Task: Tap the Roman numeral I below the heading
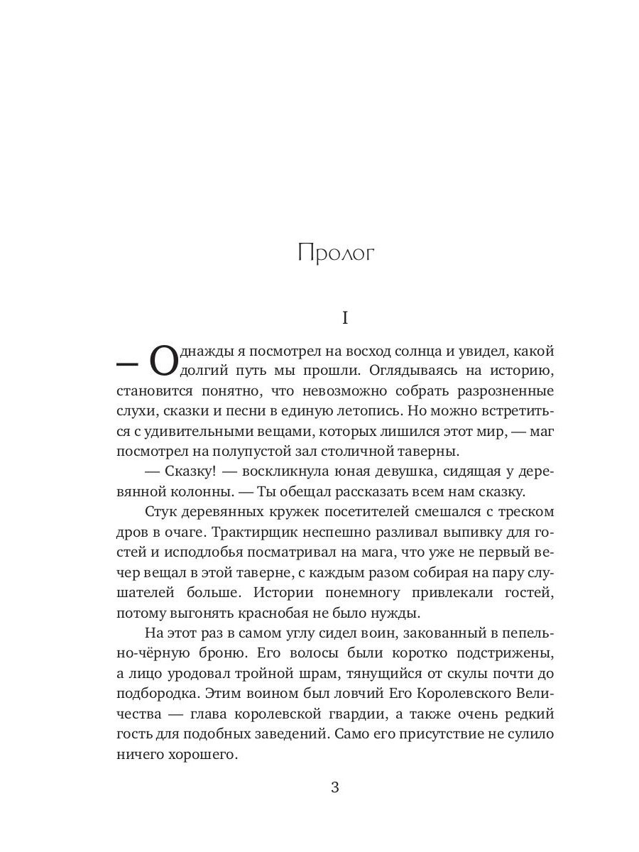[x=345, y=317]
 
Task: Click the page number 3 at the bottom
[x=336, y=787]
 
